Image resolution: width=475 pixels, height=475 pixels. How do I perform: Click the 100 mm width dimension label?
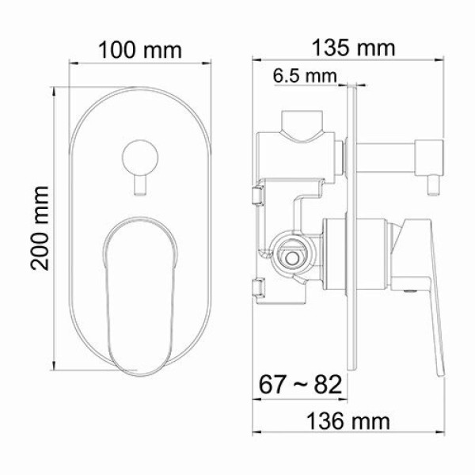point(140,49)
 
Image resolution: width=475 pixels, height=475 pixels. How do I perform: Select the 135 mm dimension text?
point(355,47)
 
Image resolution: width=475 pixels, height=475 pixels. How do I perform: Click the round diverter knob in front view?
point(141,154)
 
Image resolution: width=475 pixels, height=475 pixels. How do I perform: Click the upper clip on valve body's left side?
point(258,195)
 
